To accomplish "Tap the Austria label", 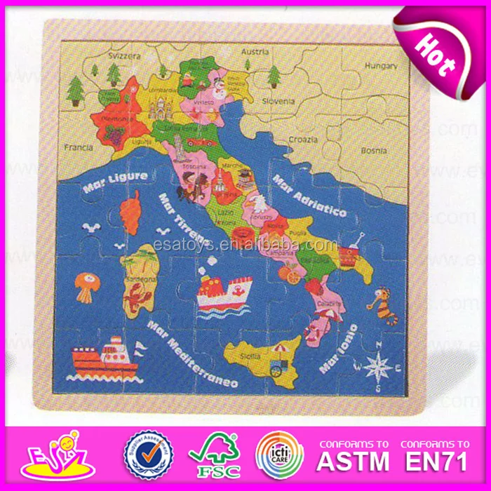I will (255, 51).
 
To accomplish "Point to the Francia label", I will (79, 147).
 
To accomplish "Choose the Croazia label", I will (304, 140).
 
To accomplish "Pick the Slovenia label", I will (278, 101).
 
